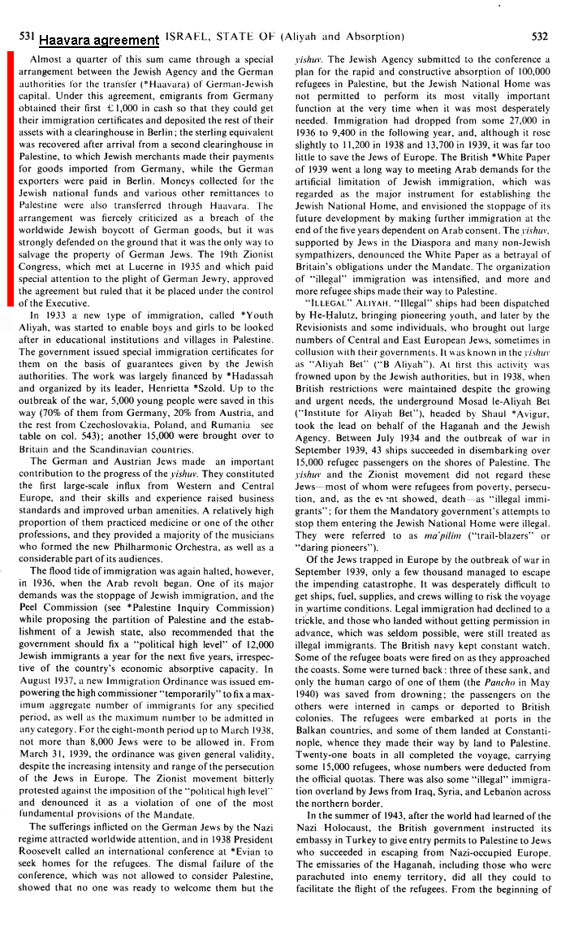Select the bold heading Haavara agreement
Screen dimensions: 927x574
[98, 40]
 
